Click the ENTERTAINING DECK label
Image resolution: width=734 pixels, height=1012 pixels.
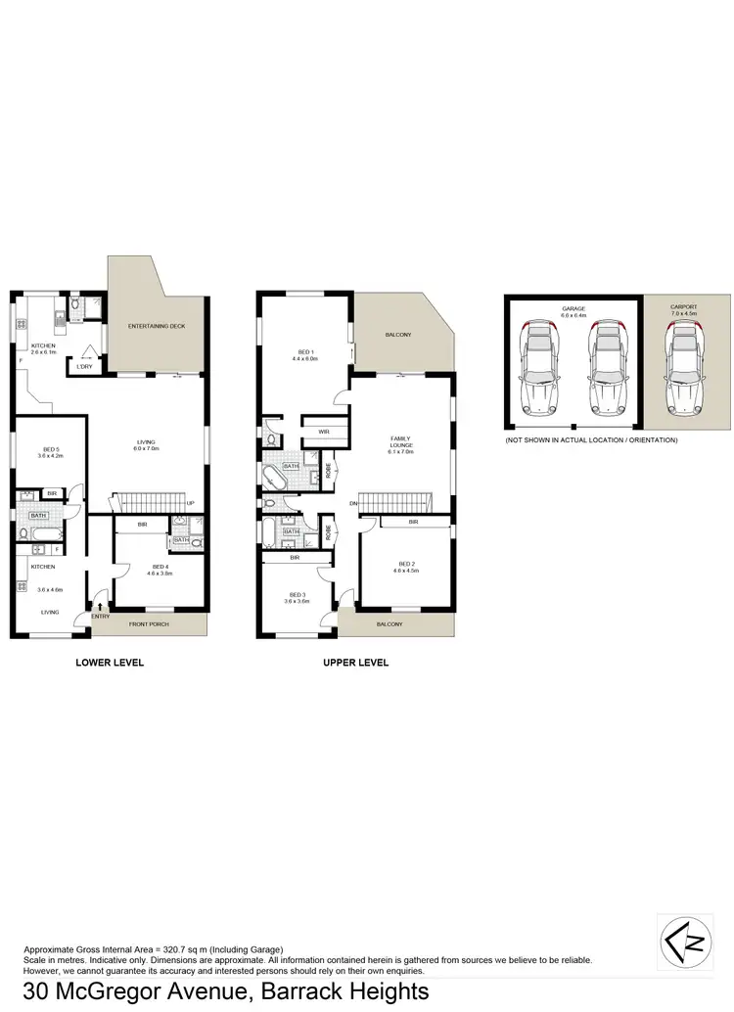[x=157, y=326]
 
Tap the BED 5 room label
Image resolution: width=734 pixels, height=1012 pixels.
[x=50, y=451]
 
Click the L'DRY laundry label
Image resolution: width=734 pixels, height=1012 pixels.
[x=85, y=367]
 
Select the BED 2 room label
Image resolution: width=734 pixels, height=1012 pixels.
[x=407, y=563]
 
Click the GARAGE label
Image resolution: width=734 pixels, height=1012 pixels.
[x=573, y=307]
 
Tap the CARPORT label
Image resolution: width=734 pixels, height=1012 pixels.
[x=684, y=307]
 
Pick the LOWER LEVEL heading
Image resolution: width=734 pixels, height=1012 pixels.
[x=110, y=663]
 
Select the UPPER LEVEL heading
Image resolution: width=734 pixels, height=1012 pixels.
[x=356, y=663]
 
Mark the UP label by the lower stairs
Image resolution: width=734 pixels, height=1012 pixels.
[x=191, y=505]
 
